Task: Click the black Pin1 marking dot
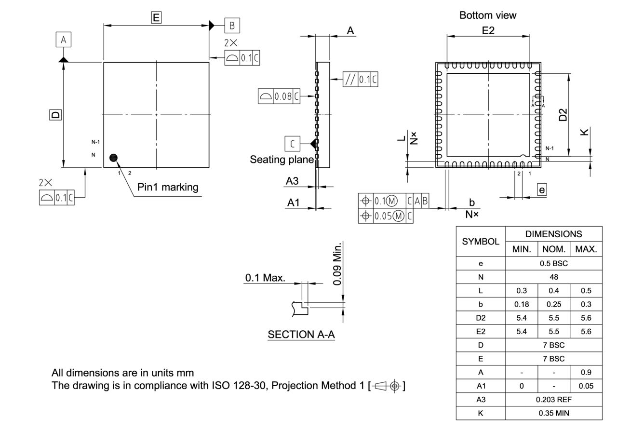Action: (x=114, y=158)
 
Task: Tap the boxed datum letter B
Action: (x=232, y=25)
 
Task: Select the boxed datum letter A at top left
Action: (x=63, y=40)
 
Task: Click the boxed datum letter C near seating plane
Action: (x=292, y=144)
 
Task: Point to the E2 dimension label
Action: (x=488, y=30)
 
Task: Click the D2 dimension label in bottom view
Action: (x=562, y=115)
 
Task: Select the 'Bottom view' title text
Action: (x=487, y=15)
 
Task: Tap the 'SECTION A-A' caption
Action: (x=301, y=335)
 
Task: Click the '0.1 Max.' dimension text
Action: (x=265, y=278)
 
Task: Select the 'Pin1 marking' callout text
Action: (x=168, y=188)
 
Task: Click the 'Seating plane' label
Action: (x=282, y=160)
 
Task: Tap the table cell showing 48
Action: (x=553, y=277)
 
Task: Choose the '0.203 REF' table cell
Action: (x=553, y=400)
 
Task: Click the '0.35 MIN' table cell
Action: (x=553, y=413)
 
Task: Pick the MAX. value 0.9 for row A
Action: (x=586, y=372)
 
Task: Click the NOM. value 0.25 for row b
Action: (x=553, y=304)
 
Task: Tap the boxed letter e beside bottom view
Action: (x=542, y=189)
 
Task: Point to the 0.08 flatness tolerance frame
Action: (x=279, y=96)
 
